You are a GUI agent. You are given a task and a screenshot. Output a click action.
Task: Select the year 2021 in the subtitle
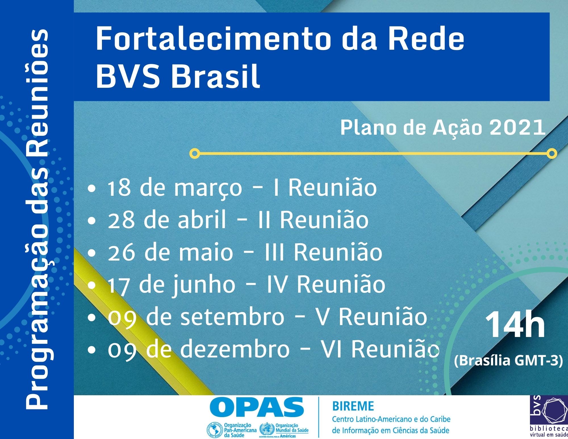(517, 128)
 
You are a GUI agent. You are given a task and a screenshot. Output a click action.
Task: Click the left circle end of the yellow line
(195, 154)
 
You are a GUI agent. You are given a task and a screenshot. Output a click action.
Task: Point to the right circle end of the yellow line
(552, 154)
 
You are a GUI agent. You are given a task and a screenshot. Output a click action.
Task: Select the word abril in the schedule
(202, 219)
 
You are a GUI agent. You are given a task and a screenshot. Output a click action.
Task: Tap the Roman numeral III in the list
(274, 252)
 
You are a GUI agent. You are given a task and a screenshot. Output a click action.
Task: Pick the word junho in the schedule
(204, 285)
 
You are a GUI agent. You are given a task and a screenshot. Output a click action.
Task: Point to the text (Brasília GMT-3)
(508, 361)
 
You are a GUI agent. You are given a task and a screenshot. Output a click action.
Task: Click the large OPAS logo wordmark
(257, 407)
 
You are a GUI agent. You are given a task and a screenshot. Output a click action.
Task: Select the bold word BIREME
(353, 406)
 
